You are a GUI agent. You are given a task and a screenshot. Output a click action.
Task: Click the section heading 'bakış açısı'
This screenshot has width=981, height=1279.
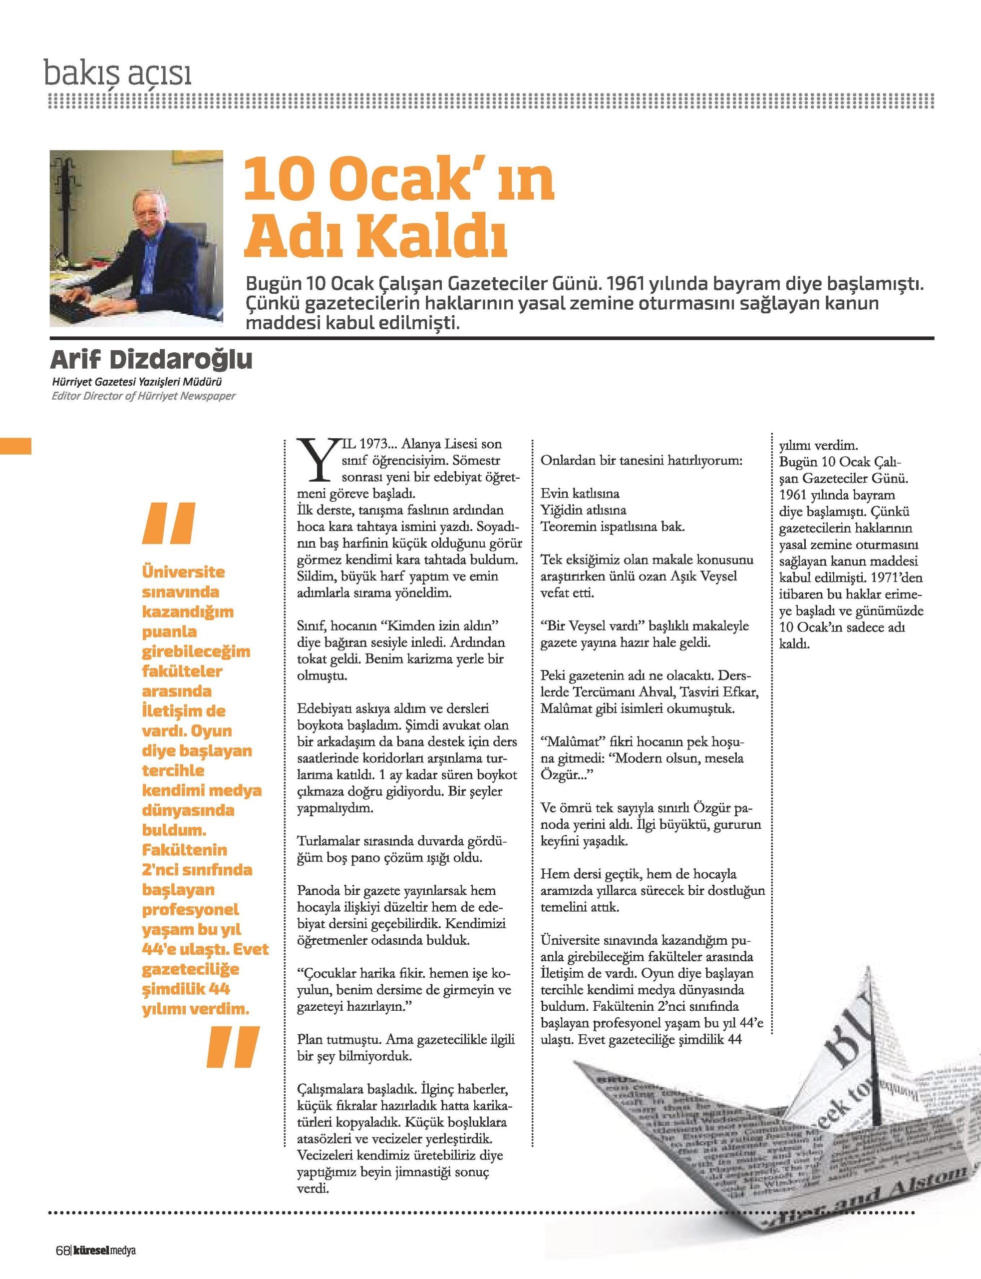point(118,74)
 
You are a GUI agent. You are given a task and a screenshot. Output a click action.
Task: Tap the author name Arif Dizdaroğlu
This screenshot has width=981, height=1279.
point(151,360)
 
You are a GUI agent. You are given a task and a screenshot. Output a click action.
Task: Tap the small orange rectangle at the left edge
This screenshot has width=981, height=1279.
point(15,445)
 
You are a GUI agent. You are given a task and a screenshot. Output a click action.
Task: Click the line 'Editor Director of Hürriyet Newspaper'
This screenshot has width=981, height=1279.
point(144,396)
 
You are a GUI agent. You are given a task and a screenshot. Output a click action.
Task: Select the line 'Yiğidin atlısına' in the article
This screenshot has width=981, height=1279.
point(583,510)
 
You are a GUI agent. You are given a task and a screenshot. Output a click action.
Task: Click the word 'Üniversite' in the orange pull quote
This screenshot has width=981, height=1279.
point(183,572)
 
